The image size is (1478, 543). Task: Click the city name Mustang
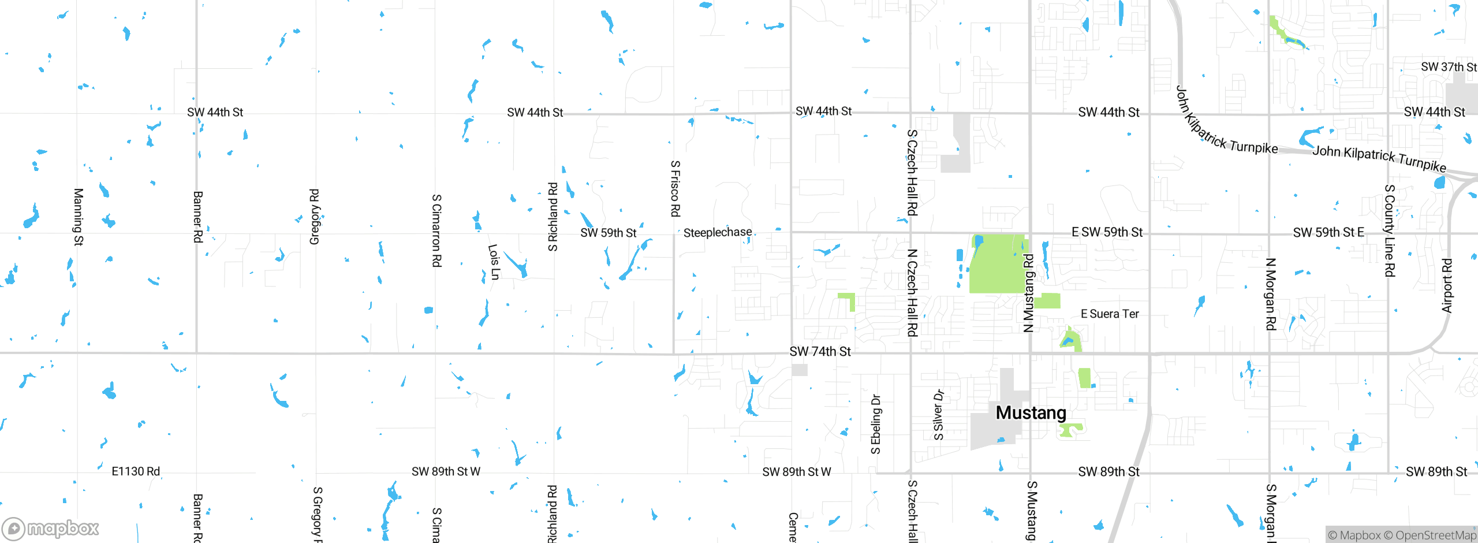[1031, 413]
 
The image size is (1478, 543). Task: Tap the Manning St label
[79, 217]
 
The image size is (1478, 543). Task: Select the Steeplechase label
[718, 233]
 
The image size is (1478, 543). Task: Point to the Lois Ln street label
[494, 262]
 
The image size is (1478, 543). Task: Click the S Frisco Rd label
[675, 189]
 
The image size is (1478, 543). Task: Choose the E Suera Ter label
[1110, 314]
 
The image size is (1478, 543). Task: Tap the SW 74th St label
[820, 352]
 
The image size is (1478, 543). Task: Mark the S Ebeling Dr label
[876, 424]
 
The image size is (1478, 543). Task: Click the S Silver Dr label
[939, 415]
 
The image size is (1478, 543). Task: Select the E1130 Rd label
[136, 471]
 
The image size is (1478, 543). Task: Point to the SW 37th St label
[1449, 67]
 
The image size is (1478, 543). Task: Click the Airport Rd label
[1447, 285]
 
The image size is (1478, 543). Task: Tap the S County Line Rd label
[1390, 230]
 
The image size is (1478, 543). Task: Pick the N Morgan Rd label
[1270, 294]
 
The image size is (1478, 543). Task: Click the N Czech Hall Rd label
[912, 292]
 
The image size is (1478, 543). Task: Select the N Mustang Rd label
[1028, 293]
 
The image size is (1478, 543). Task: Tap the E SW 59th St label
[1107, 232]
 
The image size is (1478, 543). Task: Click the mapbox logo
[51, 529]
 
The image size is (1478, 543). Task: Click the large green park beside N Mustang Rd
[997, 265]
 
